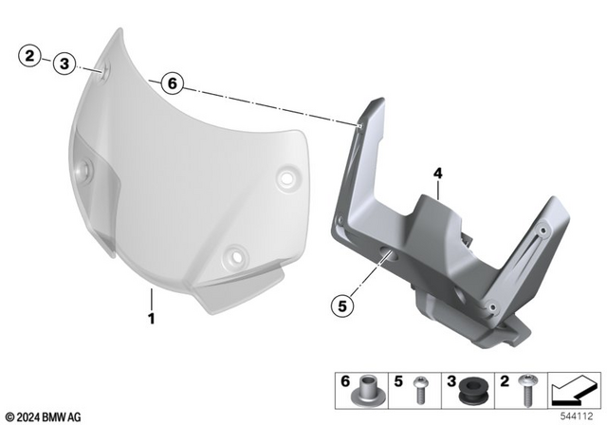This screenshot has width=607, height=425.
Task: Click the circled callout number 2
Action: coord(29,57)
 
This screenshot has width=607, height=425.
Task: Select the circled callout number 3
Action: coord(64,64)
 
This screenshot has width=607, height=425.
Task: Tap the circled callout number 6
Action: coord(171,83)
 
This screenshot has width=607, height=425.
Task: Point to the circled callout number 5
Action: coord(342,305)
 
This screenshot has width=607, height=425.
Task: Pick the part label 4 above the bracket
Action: coord(437,174)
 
